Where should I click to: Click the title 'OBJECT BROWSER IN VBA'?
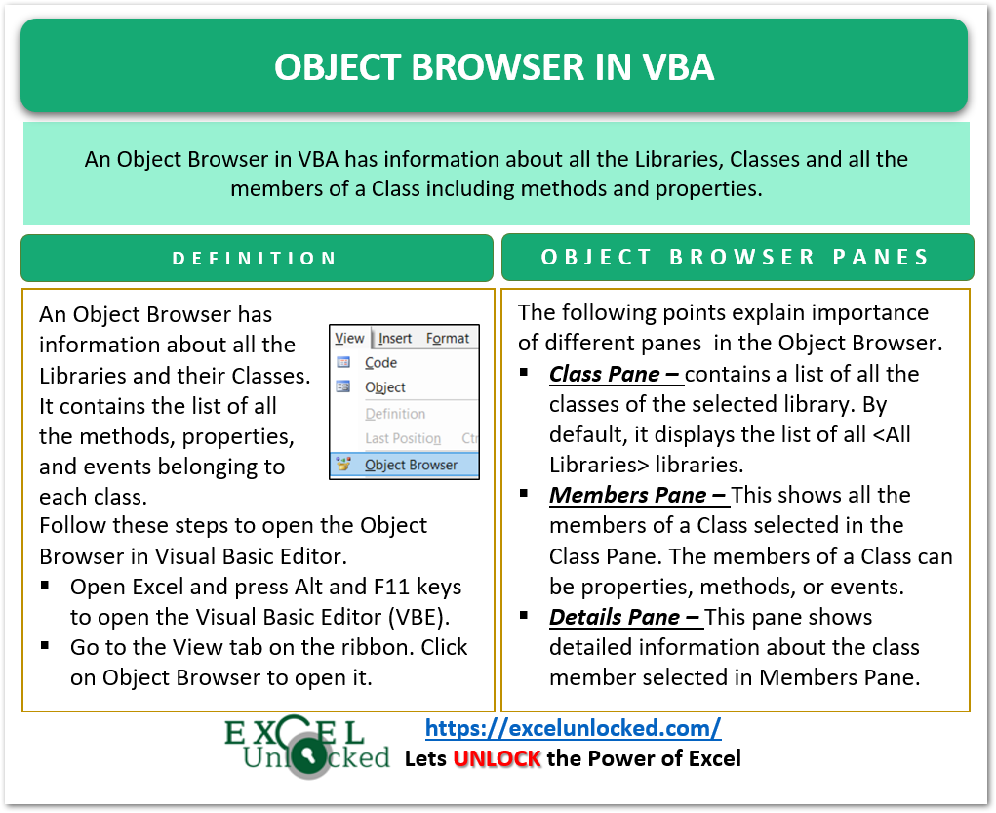pyautogui.click(x=494, y=66)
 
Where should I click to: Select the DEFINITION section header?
pyautogui.click(x=255, y=259)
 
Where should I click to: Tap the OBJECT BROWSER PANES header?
pyautogui.click(x=736, y=258)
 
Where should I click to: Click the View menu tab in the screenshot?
pyautogui.click(x=349, y=338)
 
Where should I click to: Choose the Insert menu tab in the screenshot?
pyautogui.click(x=395, y=338)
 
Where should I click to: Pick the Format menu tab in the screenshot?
pyautogui.click(x=448, y=338)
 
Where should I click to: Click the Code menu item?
pyautogui.click(x=380, y=362)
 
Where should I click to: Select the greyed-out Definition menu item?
pyautogui.click(x=395, y=413)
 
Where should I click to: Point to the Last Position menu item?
pyautogui.click(x=403, y=438)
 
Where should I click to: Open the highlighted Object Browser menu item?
pyautogui.click(x=411, y=465)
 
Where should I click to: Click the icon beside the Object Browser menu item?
pyautogui.click(x=343, y=465)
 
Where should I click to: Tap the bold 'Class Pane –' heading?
pyautogui.click(x=615, y=374)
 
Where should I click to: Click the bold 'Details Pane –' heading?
pyautogui.click(x=624, y=617)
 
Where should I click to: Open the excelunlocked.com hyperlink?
pyautogui.click(x=574, y=727)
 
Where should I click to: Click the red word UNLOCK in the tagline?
pyautogui.click(x=497, y=758)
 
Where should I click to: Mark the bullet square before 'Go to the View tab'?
pyautogui.click(x=46, y=647)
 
